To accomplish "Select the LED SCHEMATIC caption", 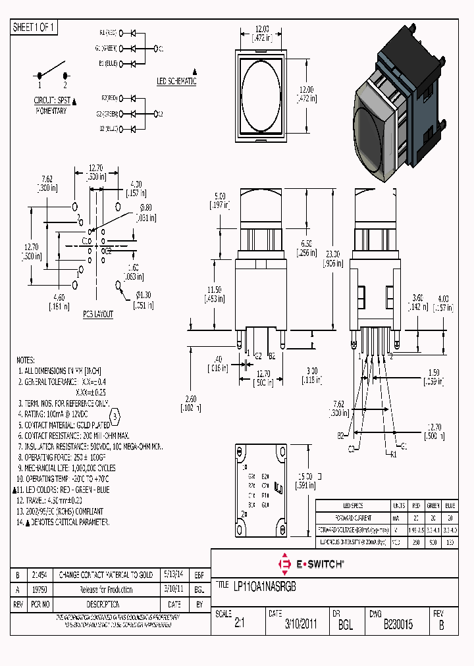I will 176,82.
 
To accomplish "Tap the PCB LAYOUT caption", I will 97,315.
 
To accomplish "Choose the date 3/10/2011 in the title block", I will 301,624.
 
